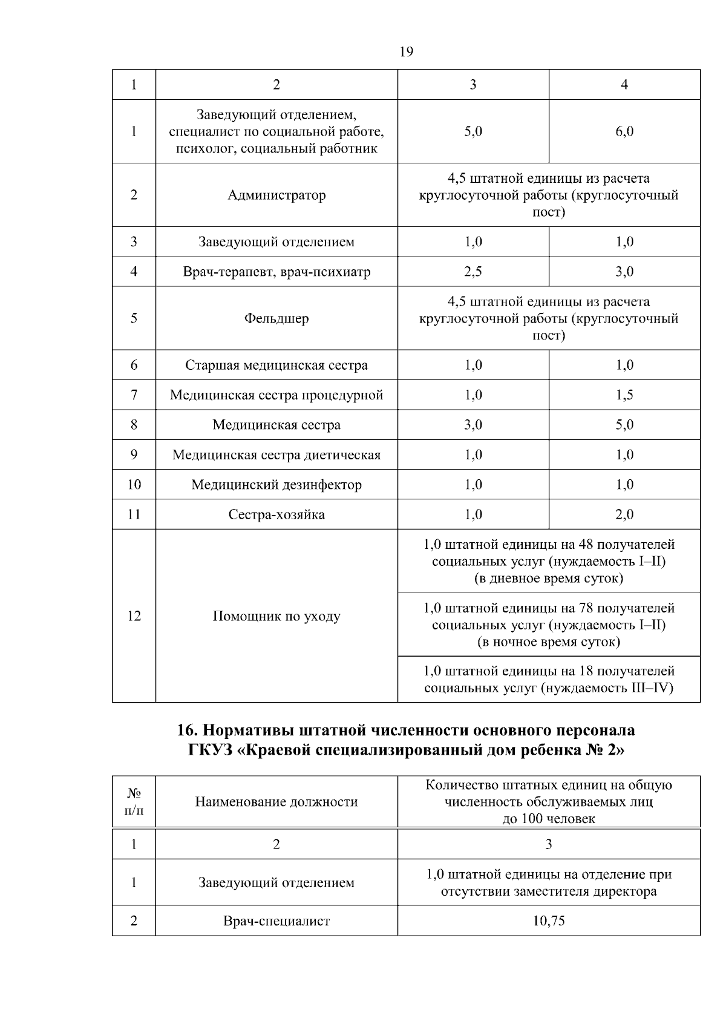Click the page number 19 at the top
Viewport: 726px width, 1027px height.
[407, 52]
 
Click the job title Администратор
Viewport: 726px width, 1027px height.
[276, 195]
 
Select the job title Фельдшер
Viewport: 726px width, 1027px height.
[276, 318]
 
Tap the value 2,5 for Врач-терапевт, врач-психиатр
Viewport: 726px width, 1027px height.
[473, 272]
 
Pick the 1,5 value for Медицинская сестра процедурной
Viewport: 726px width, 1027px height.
[624, 395]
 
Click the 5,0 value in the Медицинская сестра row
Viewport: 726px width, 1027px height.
[624, 425]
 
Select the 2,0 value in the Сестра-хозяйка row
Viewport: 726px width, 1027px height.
[624, 514]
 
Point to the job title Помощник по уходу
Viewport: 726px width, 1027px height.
[276, 616]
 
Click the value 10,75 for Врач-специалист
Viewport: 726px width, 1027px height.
[549, 921]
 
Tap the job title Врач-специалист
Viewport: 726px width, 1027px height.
[276, 921]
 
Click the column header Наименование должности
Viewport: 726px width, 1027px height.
[276, 802]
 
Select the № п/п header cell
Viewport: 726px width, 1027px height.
[134, 802]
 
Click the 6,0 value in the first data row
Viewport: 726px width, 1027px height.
[624, 131]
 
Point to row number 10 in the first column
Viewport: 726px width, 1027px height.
[134, 485]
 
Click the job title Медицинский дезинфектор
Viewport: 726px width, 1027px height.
[276, 485]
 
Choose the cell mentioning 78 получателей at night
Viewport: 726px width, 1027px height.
[549, 625]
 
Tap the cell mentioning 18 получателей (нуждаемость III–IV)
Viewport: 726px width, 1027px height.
[549, 679]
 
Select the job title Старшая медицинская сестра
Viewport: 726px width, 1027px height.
[276, 366]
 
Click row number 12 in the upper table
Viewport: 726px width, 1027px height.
[134, 616]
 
